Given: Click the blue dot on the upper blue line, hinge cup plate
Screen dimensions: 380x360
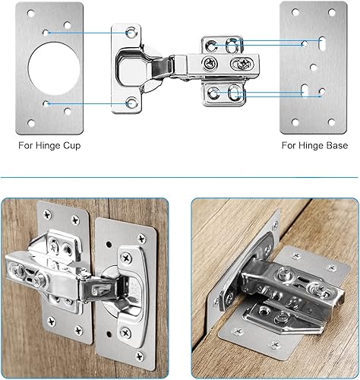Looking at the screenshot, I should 47,33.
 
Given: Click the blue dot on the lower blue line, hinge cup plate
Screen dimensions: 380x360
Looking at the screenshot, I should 47,102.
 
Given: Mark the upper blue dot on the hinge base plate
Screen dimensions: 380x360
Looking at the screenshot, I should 304,43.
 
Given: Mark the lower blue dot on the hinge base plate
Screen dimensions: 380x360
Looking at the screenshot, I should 322,93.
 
